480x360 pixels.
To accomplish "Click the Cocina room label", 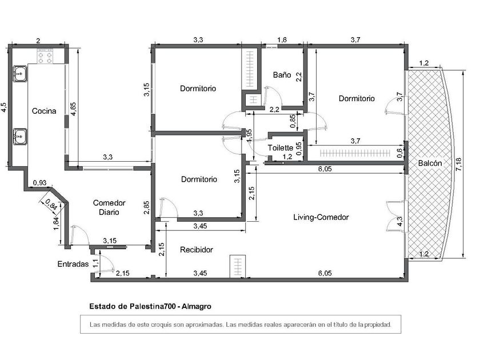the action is [44, 111].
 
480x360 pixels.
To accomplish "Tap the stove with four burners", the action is [45, 57].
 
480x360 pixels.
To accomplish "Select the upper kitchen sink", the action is [19, 74].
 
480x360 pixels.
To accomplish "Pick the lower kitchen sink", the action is [19, 136].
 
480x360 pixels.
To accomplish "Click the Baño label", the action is [282, 75].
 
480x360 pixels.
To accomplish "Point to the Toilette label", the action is [281, 148].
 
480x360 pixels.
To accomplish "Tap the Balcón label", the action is [430, 163].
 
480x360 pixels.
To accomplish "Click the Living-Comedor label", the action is [321, 217].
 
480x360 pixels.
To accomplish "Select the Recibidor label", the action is [196, 250].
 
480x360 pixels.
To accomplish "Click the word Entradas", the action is [73, 264].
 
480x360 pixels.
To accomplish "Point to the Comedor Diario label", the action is [109, 207].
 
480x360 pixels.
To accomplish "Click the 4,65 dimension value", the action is [73, 109].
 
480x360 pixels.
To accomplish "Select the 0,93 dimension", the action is [40, 183].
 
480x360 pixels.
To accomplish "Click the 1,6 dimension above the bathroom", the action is [282, 40].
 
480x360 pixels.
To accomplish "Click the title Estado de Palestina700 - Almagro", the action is [150, 306].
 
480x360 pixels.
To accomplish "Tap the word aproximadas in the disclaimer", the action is [205, 325].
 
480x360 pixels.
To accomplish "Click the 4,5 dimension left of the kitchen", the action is [4, 107].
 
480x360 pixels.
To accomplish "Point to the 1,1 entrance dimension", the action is [95, 263].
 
